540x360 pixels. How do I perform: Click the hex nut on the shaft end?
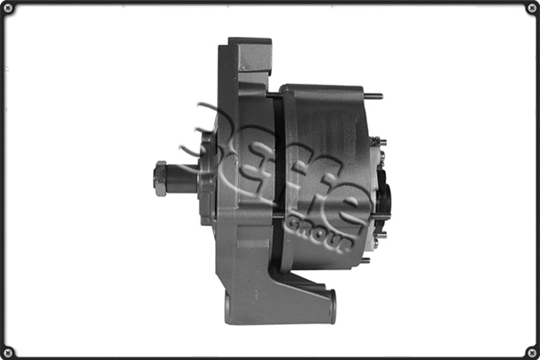161,178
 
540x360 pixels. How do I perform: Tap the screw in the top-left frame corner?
9,9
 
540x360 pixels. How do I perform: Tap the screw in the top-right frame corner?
531,9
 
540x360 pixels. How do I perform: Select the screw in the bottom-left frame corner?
9,351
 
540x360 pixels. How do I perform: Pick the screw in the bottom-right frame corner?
531,351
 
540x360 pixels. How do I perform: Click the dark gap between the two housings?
277,180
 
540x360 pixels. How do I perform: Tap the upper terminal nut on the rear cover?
381,141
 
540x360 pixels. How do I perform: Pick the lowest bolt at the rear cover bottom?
364,260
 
